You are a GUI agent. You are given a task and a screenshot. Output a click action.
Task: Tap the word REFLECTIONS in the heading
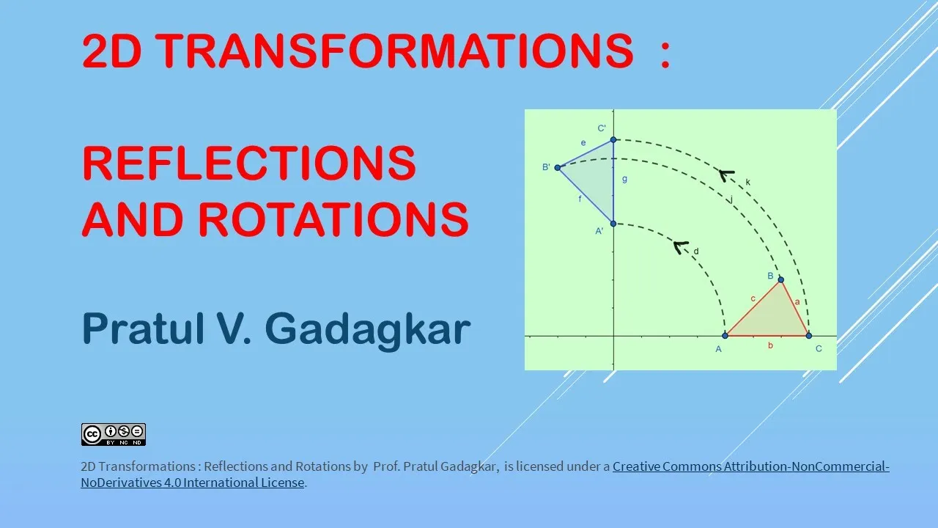(249, 163)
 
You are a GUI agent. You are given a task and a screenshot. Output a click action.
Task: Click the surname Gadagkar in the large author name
(368, 330)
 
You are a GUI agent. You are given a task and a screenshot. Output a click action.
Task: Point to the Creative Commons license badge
(114, 435)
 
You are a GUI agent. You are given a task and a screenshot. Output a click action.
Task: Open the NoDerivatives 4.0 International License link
(192, 483)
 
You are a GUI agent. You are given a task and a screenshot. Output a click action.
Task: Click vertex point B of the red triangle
(780, 279)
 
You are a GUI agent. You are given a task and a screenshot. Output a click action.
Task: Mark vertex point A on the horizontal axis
(725, 336)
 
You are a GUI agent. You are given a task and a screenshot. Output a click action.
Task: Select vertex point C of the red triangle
(808, 336)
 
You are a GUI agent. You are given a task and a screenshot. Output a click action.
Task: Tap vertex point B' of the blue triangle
(558, 168)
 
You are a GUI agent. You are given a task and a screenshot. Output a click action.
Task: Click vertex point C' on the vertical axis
(613, 139)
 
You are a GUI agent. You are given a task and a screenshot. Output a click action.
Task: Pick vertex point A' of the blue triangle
(613, 224)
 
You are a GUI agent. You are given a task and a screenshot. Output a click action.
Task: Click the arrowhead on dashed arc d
(680, 246)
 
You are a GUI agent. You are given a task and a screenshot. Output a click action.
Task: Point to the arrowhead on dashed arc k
(726, 175)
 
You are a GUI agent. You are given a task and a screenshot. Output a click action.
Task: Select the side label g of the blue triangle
(625, 180)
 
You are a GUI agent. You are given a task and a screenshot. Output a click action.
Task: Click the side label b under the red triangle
(770, 345)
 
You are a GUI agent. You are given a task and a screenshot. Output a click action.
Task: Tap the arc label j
(731, 199)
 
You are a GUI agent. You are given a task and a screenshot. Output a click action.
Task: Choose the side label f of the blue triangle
(580, 199)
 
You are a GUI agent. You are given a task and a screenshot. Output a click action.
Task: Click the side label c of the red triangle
(753, 298)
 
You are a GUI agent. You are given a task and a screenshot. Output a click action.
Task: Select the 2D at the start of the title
(111, 51)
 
